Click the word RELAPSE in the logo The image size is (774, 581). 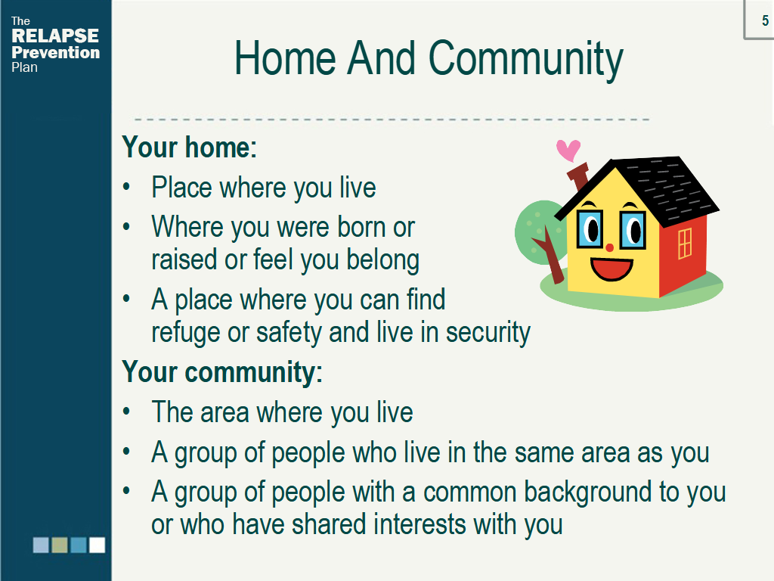(54, 36)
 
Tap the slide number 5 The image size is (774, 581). (765, 20)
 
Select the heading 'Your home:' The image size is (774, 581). (190, 148)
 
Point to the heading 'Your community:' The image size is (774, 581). (222, 371)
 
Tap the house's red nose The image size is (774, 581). (610, 247)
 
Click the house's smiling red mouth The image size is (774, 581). (611, 269)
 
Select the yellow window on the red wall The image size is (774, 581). (685, 243)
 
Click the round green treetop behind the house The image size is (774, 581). (539, 232)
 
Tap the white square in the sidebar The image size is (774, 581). (97, 545)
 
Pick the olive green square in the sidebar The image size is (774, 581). (59, 545)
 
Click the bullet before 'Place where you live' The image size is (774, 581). (127, 188)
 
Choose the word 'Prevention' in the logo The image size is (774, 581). (55, 52)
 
